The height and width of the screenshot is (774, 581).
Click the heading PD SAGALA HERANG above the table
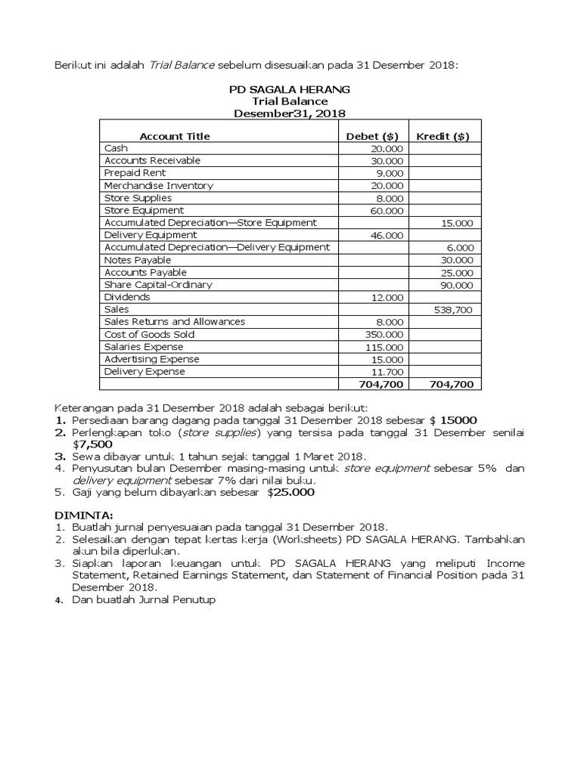[x=290, y=89]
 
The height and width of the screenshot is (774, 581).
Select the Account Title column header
[x=175, y=136]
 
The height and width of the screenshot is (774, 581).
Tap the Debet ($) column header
[x=372, y=136]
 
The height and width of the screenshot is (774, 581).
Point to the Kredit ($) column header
[x=443, y=136]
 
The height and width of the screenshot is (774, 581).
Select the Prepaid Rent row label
[x=135, y=173]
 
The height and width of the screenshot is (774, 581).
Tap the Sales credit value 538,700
[x=454, y=310]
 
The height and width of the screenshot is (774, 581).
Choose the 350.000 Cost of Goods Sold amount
[x=385, y=335]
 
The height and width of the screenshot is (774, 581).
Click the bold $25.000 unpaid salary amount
[x=290, y=492]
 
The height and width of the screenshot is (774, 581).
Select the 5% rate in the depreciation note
[x=486, y=469]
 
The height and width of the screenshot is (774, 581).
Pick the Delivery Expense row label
[x=144, y=372]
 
